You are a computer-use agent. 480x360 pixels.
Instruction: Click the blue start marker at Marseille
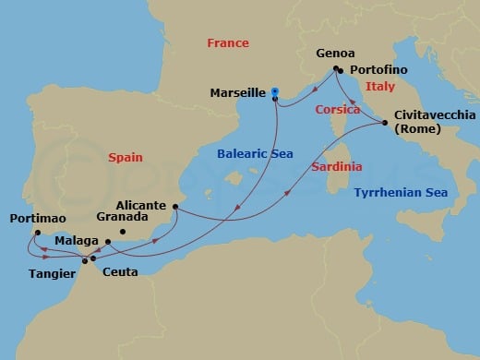click(x=276, y=91)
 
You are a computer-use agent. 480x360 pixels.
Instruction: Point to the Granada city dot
click(x=123, y=231)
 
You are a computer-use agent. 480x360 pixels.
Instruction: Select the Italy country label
click(x=379, y=86)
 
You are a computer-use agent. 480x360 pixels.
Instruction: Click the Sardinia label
click(x=336, y=167)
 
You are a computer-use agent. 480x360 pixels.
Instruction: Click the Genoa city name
click(x=335, y=54)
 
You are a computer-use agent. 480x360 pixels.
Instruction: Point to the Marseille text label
click(x=236, y=92)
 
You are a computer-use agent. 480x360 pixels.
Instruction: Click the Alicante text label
click(x=142, y=205)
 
